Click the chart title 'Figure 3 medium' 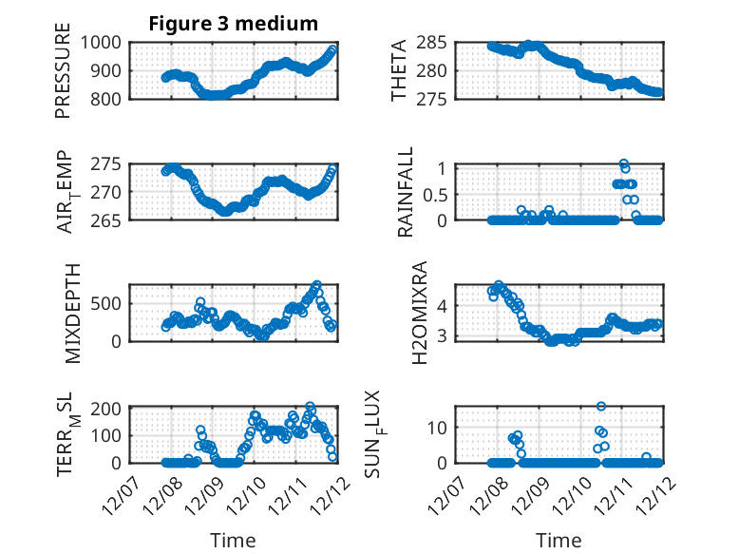click(x=233, y=24)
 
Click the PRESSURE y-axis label click(x=63, y=77)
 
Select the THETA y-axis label click(x=399, y=69)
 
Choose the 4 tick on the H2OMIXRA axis click(x=440, y=306)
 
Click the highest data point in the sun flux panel click(x=601, y=406)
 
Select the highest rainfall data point click(x=624, y=164)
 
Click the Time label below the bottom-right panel click(x=559, y=541)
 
